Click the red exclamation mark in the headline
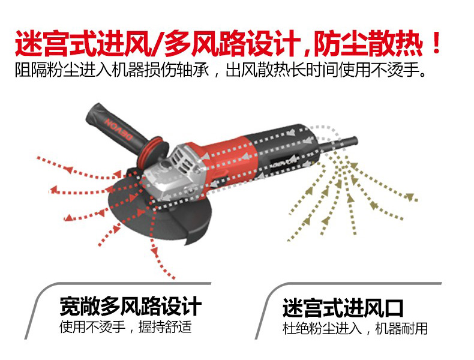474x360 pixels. tap(436, 43)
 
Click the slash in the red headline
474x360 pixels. tap(157, 44)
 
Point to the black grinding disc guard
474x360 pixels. tap(160, 212)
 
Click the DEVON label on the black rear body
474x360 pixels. tap(284, 160)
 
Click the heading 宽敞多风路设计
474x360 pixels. tap(131, 306)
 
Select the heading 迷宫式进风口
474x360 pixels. tap(343, 308)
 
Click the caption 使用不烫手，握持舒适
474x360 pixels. tap(126, 327)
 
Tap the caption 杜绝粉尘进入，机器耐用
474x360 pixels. tap(355, 329)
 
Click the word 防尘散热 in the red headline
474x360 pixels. tap(368, 44)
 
